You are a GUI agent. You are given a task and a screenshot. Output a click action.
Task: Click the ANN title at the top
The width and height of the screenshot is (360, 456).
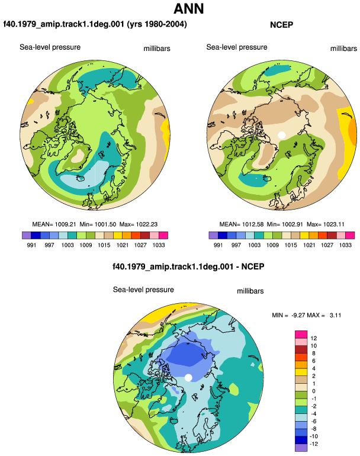pyautogui.click(x=188, y=9)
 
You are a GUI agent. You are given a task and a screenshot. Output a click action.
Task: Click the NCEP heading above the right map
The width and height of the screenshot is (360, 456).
pyautogui.click(x=281, y=25)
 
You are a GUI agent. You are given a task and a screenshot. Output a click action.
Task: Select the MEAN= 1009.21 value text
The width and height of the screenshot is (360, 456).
pyautogui.click(x=54, y=224)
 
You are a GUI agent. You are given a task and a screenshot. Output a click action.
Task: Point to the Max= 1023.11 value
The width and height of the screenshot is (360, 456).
pyautogui.click(x=326, y=224)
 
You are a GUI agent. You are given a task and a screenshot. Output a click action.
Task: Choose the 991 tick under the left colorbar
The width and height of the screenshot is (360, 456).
pyautogui.click(x=31, y=245)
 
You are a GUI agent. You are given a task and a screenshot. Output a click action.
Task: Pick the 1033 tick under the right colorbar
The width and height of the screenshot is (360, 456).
pyautogui.click(x=345, y=245)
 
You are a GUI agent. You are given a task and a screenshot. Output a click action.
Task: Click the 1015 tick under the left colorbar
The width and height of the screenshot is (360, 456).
pyautogui.click(x=104, y=245)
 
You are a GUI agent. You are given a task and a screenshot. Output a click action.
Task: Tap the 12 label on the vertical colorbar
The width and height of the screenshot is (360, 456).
pyautogui.click(x=313, y=338)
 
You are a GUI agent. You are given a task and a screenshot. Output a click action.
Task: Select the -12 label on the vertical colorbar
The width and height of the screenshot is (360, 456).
pyautogui.click(x=314, y=444)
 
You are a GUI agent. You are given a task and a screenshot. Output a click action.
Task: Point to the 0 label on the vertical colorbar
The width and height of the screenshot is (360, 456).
pyautogui.click(x=313, y=391)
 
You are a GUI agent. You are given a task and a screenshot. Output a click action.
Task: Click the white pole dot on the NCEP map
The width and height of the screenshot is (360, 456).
pyautogui.click(x=281, y=135)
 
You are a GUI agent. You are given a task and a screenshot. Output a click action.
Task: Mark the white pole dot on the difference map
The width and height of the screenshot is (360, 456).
pyautogui.click(x=188, y=378)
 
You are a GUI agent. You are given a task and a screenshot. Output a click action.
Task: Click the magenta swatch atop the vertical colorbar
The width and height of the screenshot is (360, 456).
pyautogui.click(x=301, y=335)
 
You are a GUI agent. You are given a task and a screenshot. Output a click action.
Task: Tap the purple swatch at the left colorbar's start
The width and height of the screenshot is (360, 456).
pyautogui.click(x=26, y=235)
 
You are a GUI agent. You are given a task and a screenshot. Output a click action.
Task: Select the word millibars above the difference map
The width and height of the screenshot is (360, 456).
pyautogui.click(x=250, y=291)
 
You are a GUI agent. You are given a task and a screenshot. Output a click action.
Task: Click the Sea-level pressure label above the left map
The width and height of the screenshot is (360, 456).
pyautogui.click(x=50, y=47)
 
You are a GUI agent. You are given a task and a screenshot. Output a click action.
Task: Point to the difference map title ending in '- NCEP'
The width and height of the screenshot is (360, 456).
pyautogui.click(x=188, y=266)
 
